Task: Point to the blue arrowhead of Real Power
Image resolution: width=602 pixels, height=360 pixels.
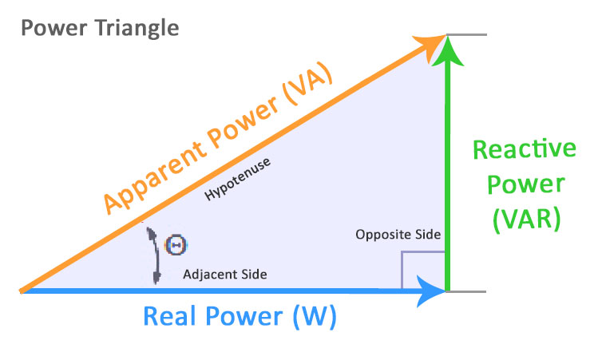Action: tap(433, 291)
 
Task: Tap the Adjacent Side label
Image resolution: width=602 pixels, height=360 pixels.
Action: tap(225, 274)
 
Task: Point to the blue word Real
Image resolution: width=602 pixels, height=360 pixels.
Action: tap(171, 317)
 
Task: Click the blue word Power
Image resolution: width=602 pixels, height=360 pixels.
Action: tap(243, 317)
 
